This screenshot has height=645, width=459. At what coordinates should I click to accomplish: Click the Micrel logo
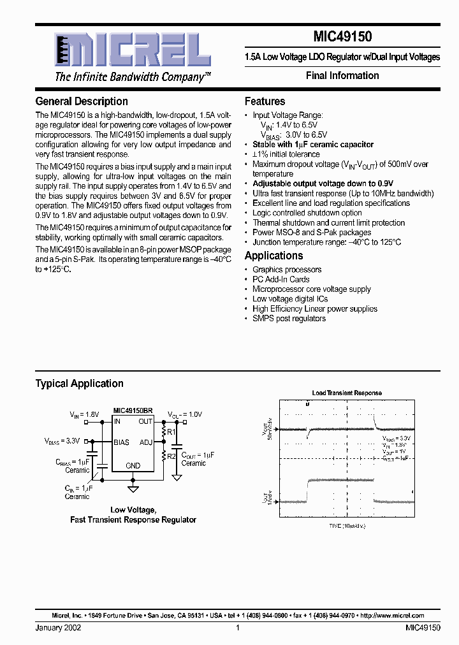(x=131, y=50)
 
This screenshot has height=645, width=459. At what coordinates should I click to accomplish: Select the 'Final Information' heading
(x=342, y=75)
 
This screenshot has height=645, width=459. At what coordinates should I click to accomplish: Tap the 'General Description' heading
(x=82, y=101)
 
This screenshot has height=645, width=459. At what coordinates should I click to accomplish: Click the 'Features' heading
(x=265, y=101)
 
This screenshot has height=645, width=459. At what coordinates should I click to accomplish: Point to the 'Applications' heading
(x=274, y=256)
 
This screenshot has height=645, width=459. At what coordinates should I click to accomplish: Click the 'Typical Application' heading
(x=79, y=384)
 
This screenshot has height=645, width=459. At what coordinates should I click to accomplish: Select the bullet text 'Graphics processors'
(x=287, y=270)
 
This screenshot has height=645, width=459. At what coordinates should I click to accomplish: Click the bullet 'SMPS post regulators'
(x=289, y=318)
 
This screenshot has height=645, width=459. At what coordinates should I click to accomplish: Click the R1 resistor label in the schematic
(x=171, y=432)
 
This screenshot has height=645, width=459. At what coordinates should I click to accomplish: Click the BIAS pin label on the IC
(x=121, y=442)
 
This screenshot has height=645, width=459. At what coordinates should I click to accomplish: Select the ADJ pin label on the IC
(x=146, y=442)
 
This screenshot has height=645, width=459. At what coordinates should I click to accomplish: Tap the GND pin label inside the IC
(x=133, y=466)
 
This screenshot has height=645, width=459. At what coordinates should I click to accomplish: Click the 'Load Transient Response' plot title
(x=347, y=393)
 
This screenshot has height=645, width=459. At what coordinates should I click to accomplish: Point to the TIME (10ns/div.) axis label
(x=347, y=526)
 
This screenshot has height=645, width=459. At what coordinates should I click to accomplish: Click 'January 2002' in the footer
(x=58, y=628)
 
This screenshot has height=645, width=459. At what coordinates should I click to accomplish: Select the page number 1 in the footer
(x=237, y=628)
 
